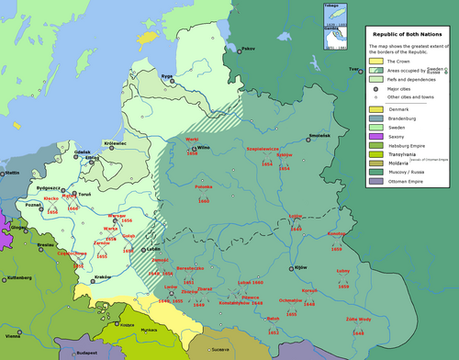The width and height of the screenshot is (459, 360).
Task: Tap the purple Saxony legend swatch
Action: point(375,135)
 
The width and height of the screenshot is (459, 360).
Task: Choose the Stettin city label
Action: point(11,172)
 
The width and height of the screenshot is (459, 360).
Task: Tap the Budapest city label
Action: point(87,351)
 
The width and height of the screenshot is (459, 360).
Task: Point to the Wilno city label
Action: point(205,147)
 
